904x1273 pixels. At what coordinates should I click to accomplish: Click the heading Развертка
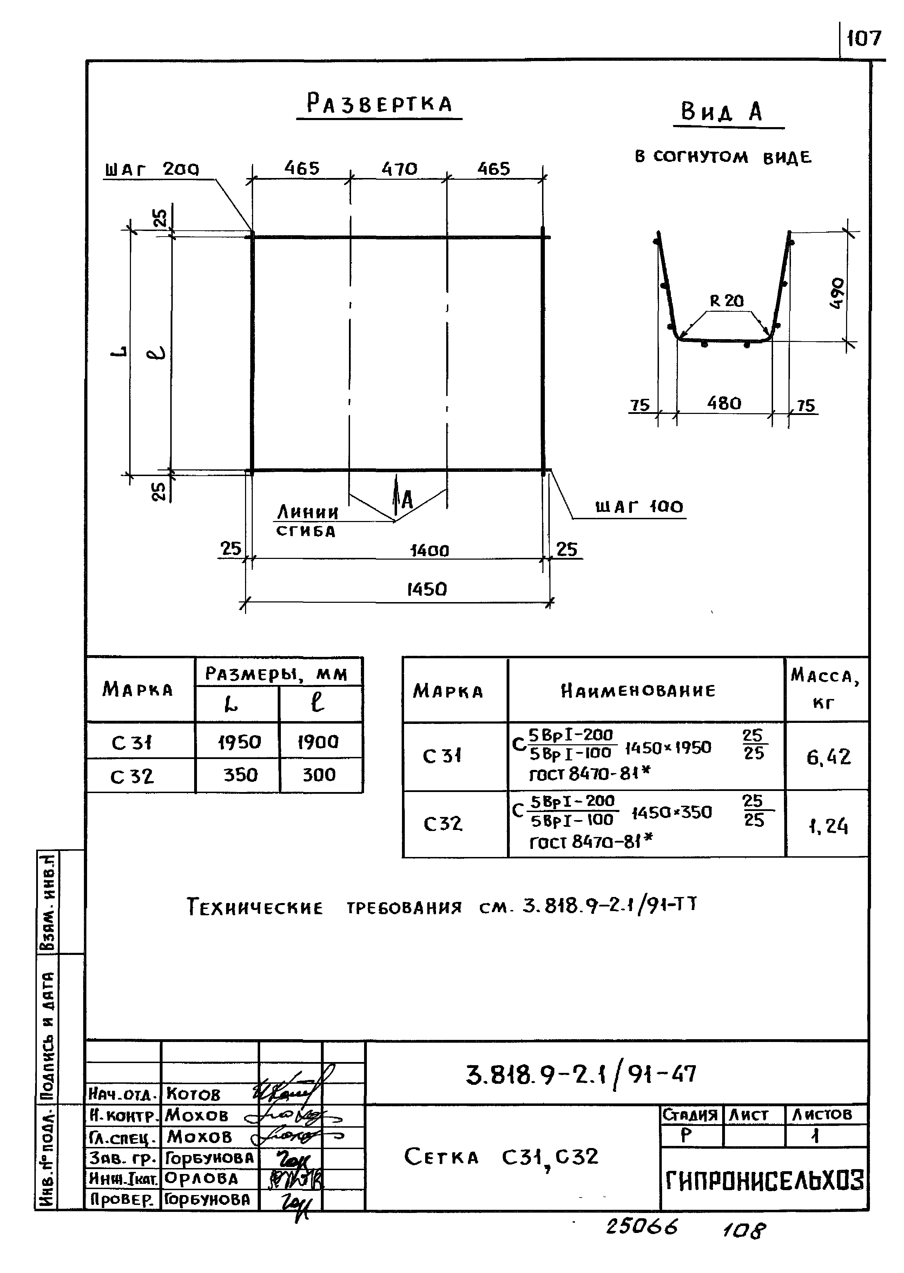(380, 104)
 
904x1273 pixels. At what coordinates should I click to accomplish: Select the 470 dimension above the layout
(399, 169)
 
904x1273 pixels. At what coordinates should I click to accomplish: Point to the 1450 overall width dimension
(427, 589)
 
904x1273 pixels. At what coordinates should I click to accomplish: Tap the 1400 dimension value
(429, 550)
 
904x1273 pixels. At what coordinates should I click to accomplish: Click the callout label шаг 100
(639, 507)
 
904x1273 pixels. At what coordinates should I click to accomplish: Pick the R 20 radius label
(726, 301)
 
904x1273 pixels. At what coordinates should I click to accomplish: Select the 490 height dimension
(837, 293)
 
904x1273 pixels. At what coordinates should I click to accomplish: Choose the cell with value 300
(319, 775)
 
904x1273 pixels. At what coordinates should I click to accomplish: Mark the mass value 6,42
(828, 757)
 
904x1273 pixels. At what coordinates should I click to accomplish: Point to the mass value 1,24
(828, 826)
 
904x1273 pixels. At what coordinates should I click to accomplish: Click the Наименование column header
(638, 691)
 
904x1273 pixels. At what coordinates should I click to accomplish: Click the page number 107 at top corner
(864, 38)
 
